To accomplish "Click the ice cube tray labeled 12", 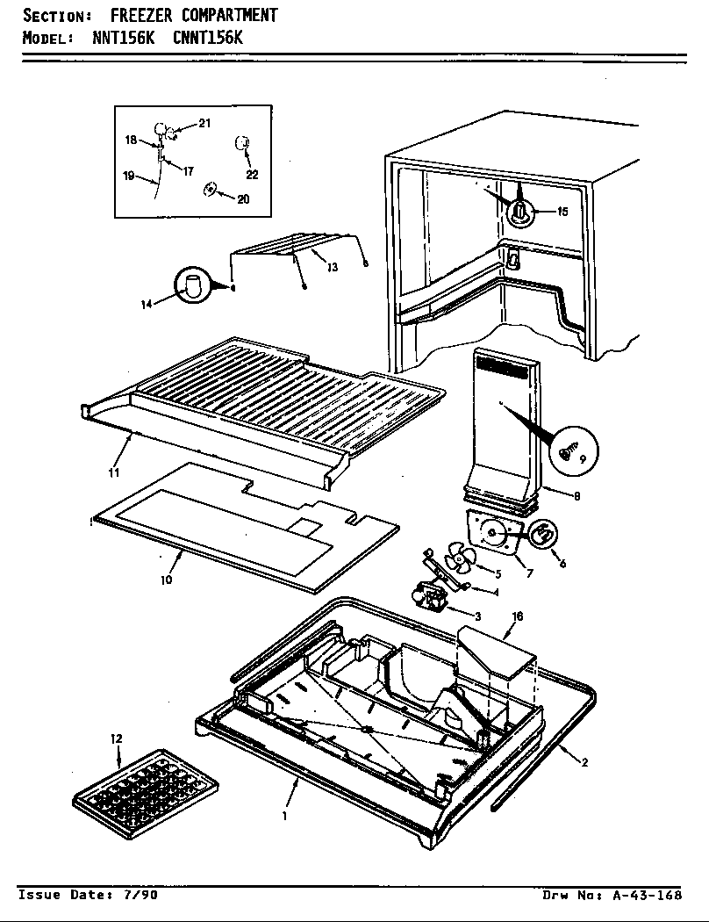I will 145,787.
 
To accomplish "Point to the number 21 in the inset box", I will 204,124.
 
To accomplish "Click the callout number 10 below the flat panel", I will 167,580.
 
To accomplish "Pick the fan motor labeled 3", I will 430,601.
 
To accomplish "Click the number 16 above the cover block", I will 517,617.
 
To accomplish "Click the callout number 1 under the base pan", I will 284,815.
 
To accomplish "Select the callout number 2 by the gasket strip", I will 584,762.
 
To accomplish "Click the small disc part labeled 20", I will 210,190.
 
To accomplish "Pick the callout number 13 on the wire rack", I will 332,267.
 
